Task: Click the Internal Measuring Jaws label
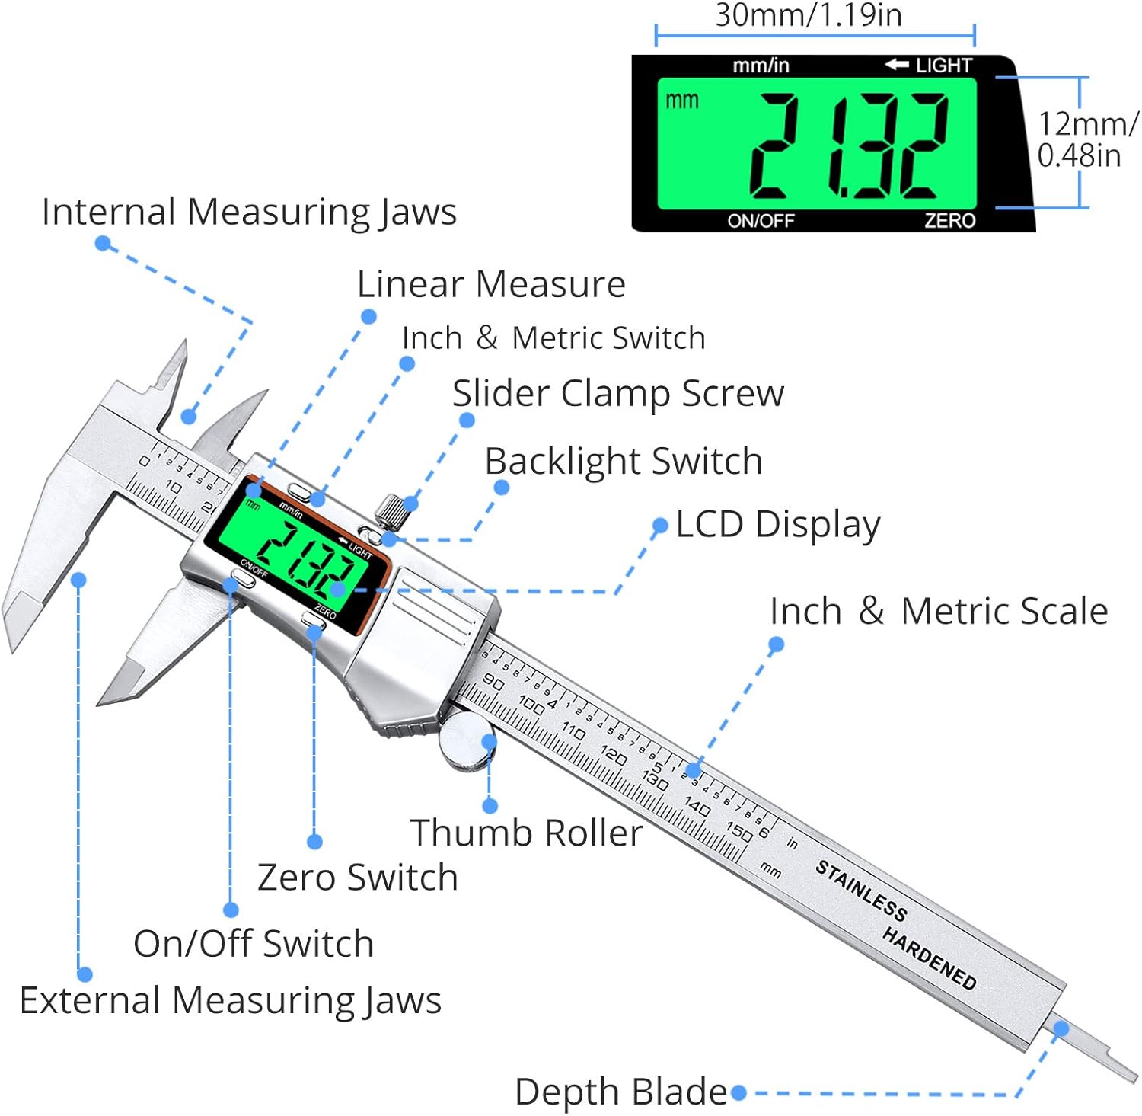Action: click(249, 212)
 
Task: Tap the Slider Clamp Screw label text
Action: click(617, 394)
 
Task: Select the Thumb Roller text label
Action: click(526, 833)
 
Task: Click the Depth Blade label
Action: click(620, 1092)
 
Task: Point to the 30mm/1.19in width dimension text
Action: click(808, 15)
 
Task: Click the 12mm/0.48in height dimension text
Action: click(1086, 139)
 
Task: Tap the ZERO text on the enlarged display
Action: click(949, 221)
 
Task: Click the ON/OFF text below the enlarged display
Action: click(761, 221)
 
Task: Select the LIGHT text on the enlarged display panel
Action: click(943, 66)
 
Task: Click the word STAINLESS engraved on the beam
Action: click(861, 891)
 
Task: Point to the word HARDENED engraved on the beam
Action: click(929, 958)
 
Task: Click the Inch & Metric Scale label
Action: click(939, 611)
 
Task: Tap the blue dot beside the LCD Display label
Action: click(660, 526)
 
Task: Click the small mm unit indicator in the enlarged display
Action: click(681, 101)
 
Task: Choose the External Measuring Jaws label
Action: click(231, 1000)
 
